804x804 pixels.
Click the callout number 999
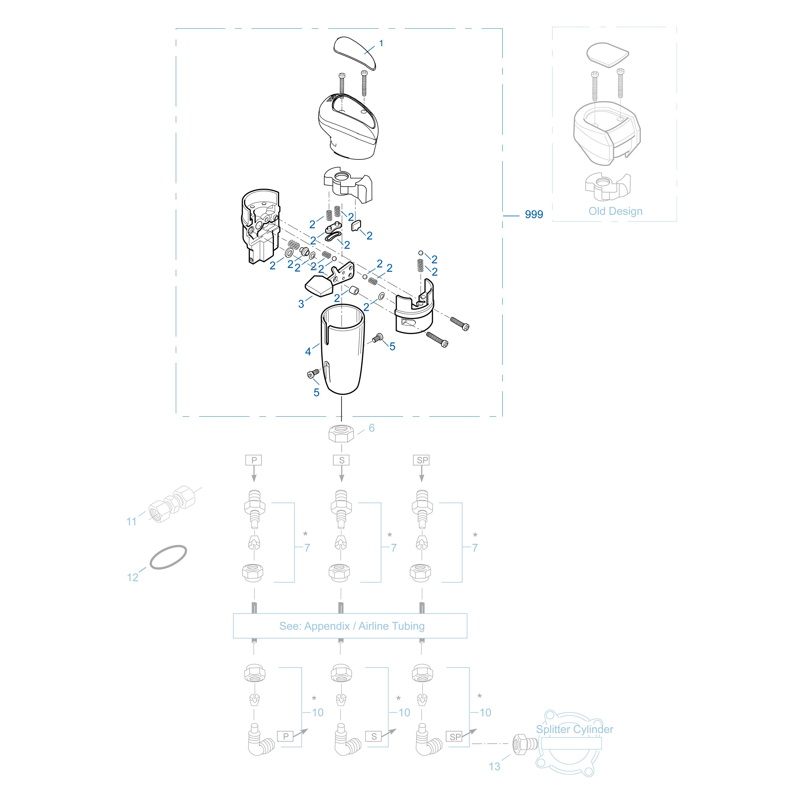pos(534,214)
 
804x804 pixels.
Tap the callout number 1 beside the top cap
pos(381,43)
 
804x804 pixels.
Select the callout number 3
pos(301,304)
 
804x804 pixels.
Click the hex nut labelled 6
pos(341,434)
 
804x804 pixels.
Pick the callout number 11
pos(132,522)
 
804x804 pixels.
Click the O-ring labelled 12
pos(168,557)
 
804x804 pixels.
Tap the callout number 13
pos(494,766)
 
